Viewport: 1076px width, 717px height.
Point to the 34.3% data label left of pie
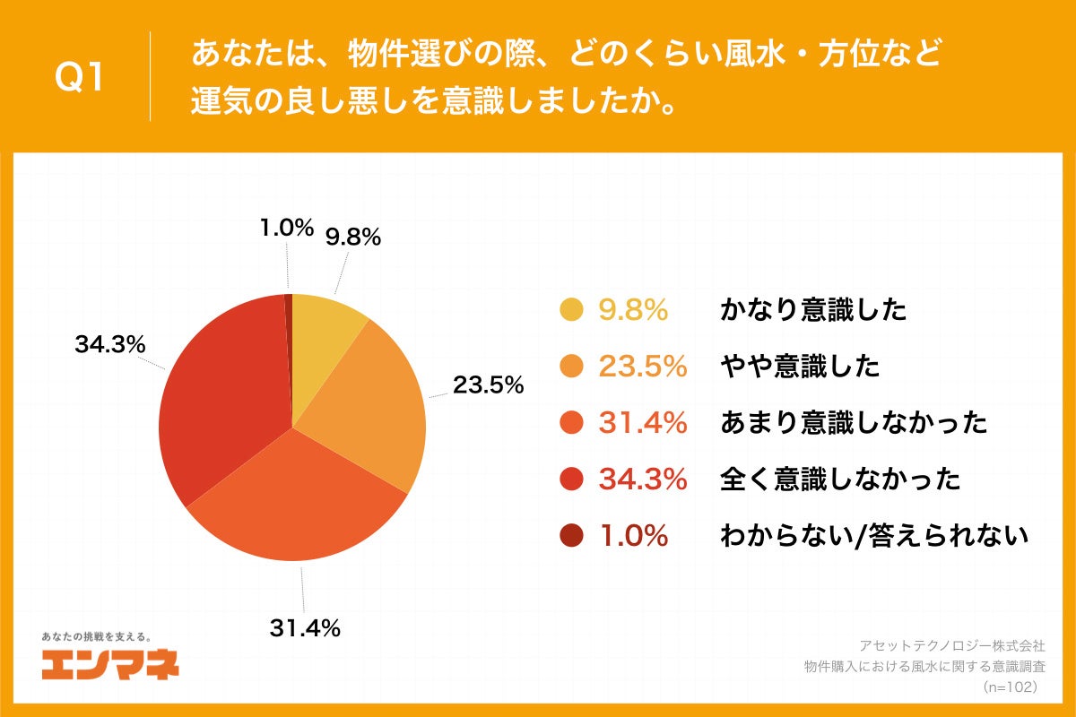click(110, 345)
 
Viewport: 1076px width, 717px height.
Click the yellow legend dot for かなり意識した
click(571, 310)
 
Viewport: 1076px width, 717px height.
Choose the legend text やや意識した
click(800, 367)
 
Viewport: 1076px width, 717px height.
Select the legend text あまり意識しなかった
click(854, 422)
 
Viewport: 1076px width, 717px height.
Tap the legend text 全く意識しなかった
click(840, 479)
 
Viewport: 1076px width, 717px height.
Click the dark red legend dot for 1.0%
click(571, 535)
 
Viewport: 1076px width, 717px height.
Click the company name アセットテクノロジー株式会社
click(952, 645)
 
